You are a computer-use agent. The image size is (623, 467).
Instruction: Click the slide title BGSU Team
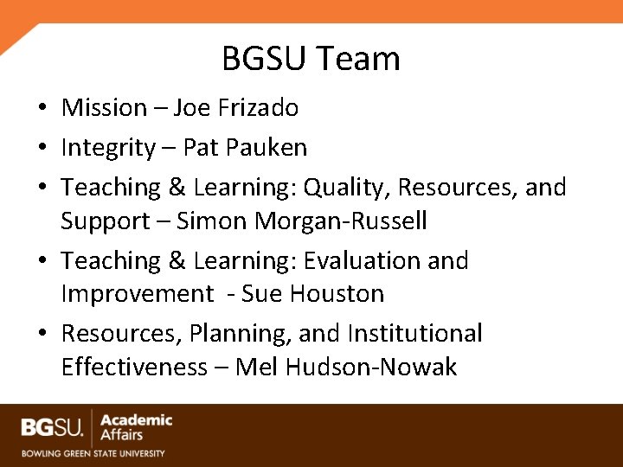tap(311, 59)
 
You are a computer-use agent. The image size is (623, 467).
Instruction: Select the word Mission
tap(104, 108)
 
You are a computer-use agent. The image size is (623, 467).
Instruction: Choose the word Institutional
tap(414, 334)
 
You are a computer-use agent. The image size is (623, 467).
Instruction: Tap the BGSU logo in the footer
tap(53, 426)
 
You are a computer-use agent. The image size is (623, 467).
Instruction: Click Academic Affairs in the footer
tap(136, 426)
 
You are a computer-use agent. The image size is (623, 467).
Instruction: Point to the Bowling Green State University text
tap(93, 452)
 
